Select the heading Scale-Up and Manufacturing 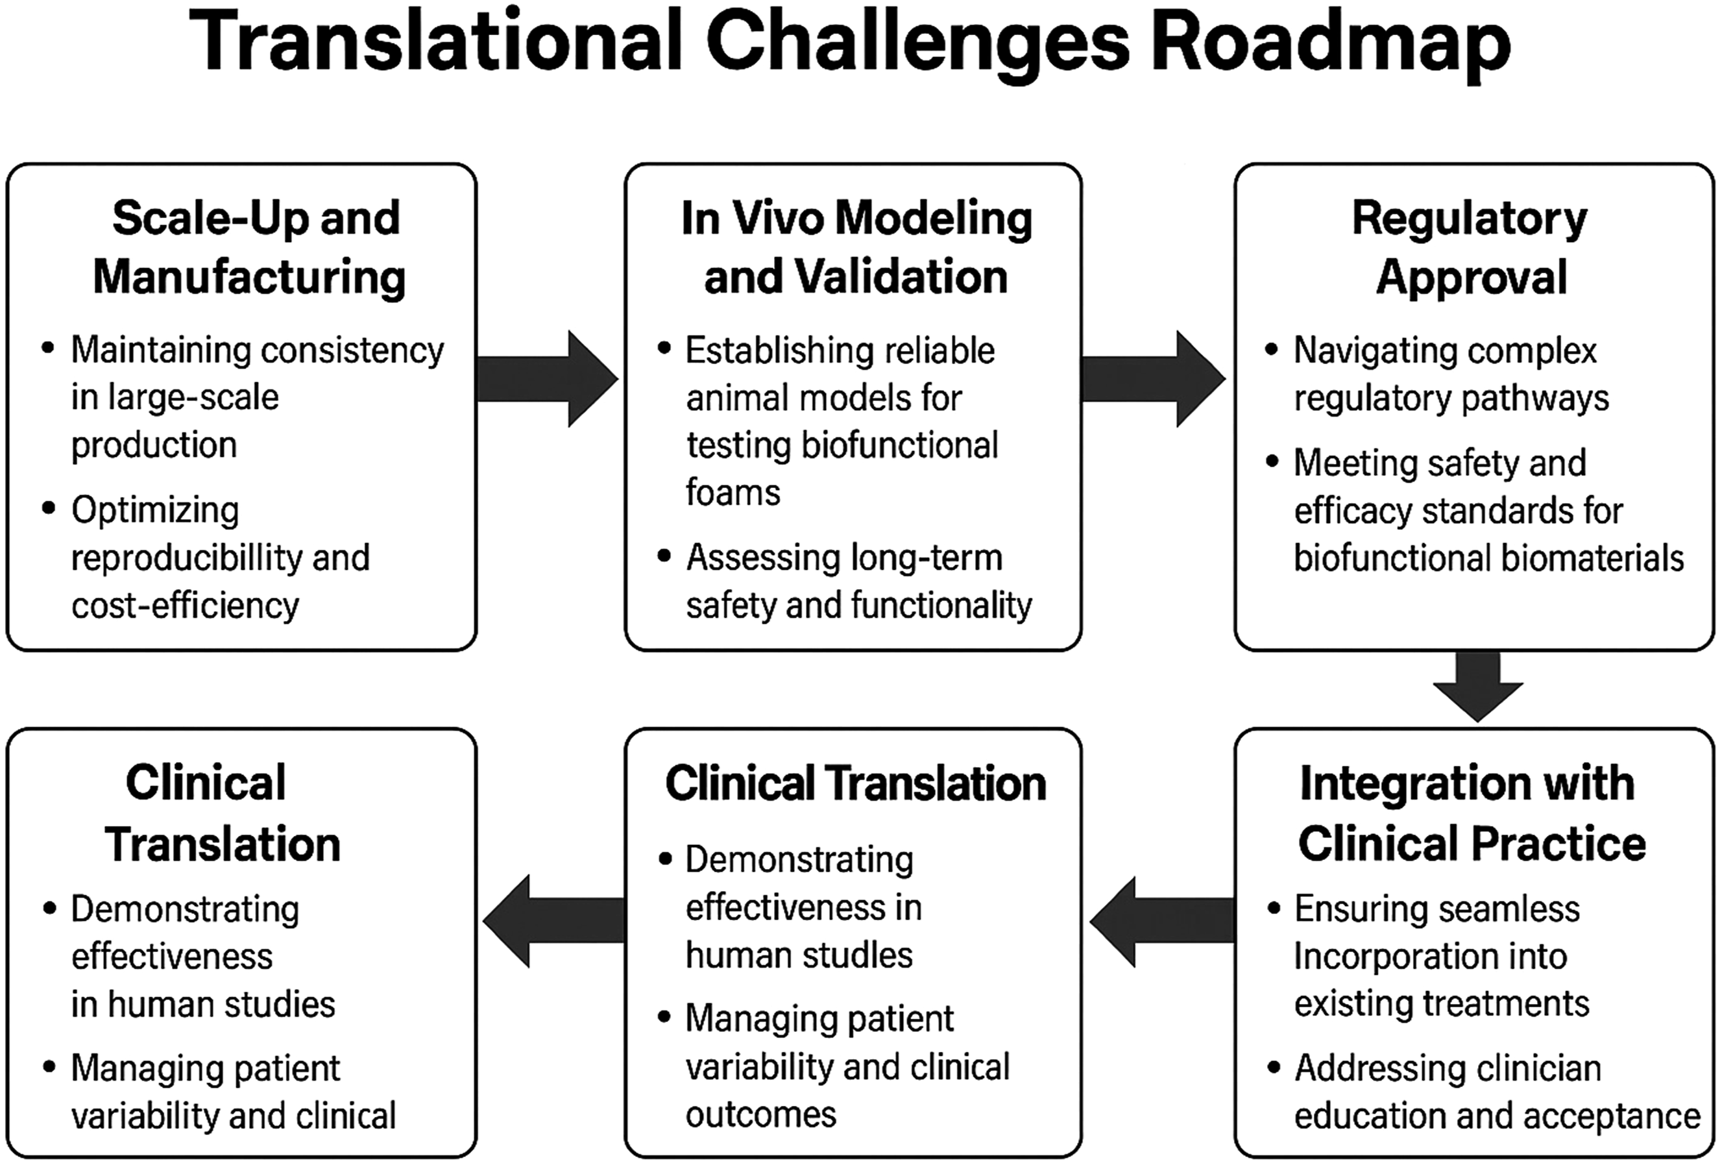click(x=249, y=248)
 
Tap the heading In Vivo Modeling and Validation click(x=856, y=248)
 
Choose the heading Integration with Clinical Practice click(x=1472, y=813)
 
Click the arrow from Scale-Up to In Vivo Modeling click(x=548, y=379)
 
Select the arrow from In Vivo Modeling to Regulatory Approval click(x=1153, y=379)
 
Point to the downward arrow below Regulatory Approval click(x=1478, y=686)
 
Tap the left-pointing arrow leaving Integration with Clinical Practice click(x=1162, y=922)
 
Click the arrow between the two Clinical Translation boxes click(x=553, y=922)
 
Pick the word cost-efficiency click(x=185, y=606)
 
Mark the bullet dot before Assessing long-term click(x=664, y=556)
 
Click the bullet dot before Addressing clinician click(x=1274, y=1067)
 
